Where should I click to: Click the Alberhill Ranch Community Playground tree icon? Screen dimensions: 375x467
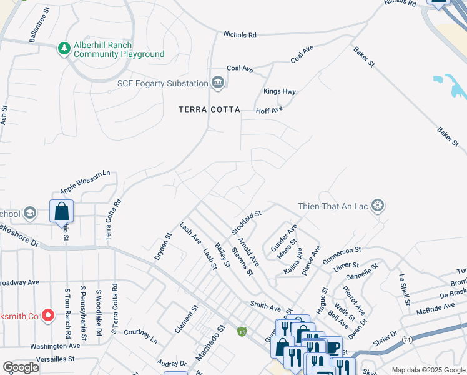click(63, 49)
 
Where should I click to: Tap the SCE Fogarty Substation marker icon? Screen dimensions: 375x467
click(218, 82)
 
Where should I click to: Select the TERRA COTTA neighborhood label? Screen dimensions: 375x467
click(209, 109)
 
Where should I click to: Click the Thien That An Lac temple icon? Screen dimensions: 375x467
click(376, 205)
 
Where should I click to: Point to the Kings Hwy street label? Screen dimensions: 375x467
click(279, 91)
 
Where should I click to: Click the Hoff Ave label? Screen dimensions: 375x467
click(270, 110)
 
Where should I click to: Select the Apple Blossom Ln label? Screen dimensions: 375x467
click(85, 182)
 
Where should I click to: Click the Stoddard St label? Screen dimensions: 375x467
click(245, 222)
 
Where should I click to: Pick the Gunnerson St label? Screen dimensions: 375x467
click(342, 254)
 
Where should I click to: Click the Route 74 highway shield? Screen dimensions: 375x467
click(406, 339)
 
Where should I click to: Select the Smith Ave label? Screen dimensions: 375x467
click(266, 307)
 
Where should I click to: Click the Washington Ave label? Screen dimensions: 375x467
click(55, 346)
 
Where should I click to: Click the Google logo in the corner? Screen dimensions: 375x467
click(21, 367)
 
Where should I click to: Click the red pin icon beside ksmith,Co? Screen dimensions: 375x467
click(47, 316)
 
